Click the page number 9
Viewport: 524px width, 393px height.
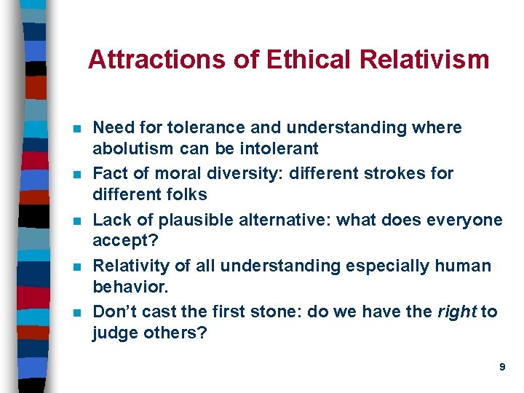(502, 368)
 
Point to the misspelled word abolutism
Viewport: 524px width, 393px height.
(131, 148)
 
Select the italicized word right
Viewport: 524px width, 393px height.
(456, 311)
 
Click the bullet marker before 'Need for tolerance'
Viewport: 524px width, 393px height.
(77, 129)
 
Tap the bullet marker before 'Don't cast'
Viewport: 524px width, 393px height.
(77, 313)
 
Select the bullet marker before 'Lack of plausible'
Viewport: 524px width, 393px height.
(77, 221)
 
